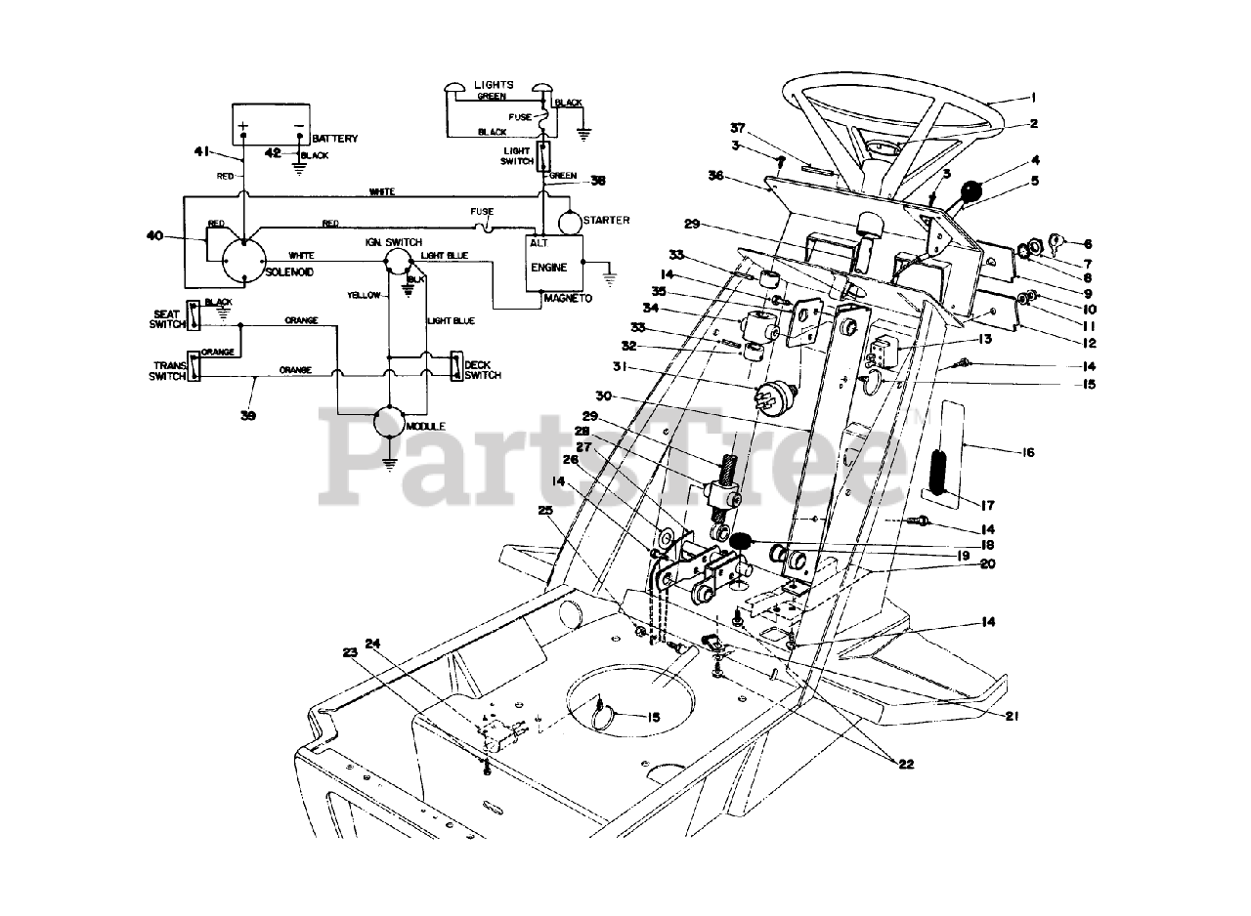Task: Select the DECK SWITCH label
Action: (483, 369)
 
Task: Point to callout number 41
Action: (202, 150)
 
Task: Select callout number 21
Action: (1011, 715)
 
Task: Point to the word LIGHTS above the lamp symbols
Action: (494, 85)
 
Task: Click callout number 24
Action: (371, 643)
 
